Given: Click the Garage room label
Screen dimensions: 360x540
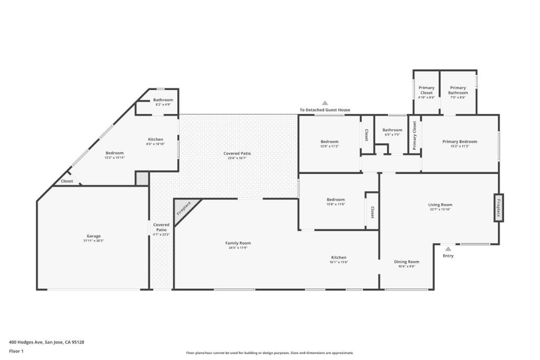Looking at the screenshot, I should [94, 236].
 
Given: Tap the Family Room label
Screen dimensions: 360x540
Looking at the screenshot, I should [238, 243].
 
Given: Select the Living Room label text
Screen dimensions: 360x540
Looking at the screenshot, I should [439, 205].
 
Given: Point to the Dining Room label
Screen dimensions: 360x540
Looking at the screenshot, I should [407, 262].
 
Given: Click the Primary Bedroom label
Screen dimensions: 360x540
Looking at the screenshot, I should [459, 141].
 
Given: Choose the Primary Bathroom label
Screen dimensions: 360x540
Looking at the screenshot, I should [458, 90].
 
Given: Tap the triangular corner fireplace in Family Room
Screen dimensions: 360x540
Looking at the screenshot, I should [184, 209].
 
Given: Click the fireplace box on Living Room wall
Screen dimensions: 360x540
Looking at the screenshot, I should [498, 208].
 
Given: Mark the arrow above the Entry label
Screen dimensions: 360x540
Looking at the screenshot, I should [448, 249].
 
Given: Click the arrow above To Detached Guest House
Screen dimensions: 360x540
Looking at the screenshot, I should [325, 103].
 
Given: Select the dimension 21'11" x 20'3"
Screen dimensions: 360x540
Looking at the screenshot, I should [94, 241].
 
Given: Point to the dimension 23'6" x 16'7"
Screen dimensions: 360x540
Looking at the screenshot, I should [237, 158].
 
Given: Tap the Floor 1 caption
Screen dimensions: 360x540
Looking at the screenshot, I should [16, 351].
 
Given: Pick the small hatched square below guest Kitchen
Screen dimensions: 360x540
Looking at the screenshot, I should [142, 178].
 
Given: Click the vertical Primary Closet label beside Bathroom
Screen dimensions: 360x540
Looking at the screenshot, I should [414, 135].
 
